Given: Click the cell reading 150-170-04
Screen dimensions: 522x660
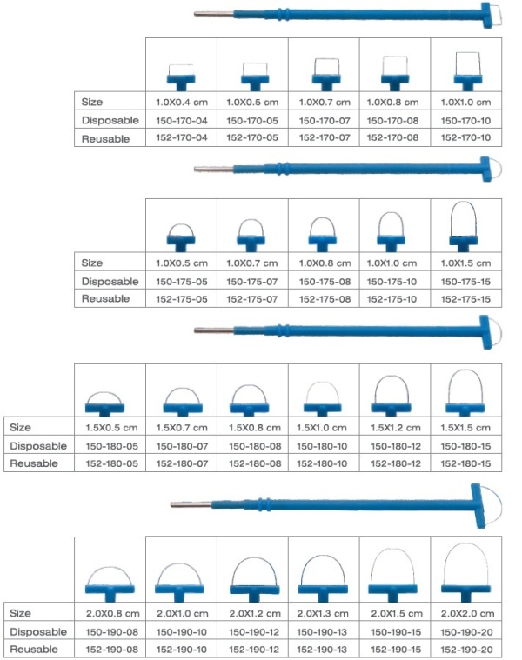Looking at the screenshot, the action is click(x=182, y=121).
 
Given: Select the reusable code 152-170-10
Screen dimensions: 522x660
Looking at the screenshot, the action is click(x=465, y=137).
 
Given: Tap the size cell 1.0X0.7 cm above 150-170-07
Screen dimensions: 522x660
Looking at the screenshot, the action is click(x=325, y=103).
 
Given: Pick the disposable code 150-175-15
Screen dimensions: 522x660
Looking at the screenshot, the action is click(x=465, y=282).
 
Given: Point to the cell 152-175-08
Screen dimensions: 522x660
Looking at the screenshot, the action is click(x=325, y=299).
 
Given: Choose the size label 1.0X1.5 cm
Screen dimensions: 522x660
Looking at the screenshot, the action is click(x=465, y=263).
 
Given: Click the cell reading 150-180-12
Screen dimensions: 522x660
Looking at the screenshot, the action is click(x=395, y=446).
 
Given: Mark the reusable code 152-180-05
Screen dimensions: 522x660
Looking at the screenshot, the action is click(x=111, y=463).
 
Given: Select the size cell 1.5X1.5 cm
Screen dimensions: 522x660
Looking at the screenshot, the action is click(x=465, y=428).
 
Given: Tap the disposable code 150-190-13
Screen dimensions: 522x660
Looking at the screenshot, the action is click(x=323, y=632).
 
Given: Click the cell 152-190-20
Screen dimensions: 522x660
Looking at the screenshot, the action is click(x=466, y=650).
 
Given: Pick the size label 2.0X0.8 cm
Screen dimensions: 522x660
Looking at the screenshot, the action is click(x=112, y=613).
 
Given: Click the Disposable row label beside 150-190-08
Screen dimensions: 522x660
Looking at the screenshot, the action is click(x=38, y=632).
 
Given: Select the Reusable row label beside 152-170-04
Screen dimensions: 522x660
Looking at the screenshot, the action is click(x=105, y=139).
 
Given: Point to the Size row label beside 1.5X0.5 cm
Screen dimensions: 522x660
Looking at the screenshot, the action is click(x=20, y=428).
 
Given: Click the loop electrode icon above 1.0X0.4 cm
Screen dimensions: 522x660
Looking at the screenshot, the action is click(x=181, y=77).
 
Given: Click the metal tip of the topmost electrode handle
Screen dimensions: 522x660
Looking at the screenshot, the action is click(x=213, y=14).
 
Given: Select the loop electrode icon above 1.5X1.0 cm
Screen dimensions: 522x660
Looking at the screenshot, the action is click(x=322, y=398).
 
